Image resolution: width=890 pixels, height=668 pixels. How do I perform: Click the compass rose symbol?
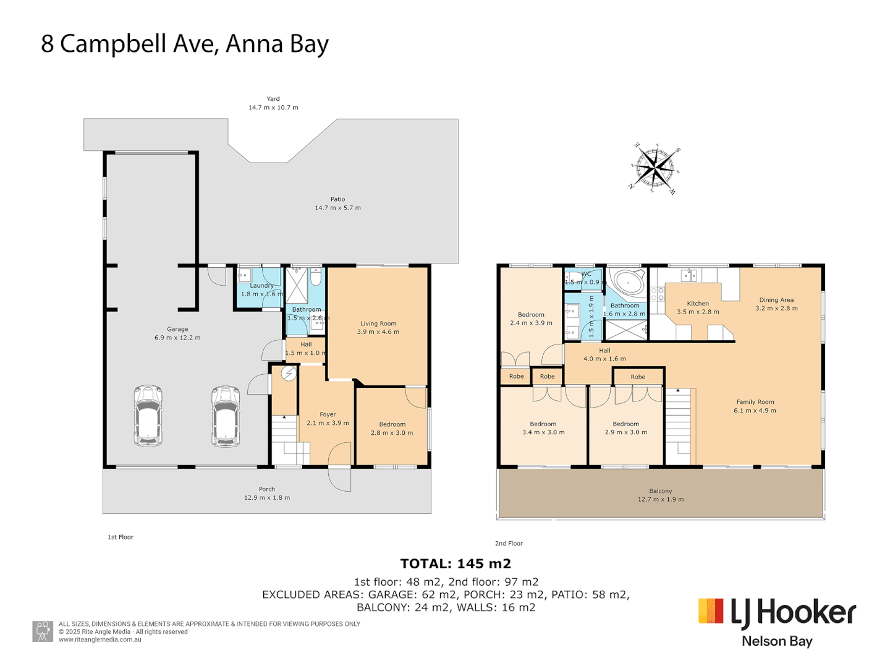pos(655,168)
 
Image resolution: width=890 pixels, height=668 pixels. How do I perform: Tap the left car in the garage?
pos(148,416)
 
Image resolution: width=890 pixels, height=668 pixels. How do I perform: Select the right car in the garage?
pos(226,416)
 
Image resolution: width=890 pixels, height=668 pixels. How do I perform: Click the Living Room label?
pos(378,323)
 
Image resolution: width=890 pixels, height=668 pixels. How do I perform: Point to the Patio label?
pos(337,199)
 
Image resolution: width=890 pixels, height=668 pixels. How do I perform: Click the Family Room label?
pos(755,402)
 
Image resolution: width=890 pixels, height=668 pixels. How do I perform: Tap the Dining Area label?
pos(776,300)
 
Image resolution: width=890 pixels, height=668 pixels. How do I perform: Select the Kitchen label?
pos(698,304)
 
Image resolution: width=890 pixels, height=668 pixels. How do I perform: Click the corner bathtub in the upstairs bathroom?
pos(627,282)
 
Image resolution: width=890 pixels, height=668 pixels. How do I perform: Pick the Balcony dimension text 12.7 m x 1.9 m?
pos(661,499)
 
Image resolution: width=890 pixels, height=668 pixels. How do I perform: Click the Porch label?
pos(267,489)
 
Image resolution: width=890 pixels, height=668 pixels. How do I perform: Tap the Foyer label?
pos(328,414)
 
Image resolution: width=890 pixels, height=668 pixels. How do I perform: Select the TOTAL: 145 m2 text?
pos(456,563)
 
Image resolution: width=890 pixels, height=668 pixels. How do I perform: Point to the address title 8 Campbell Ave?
pos(185,44)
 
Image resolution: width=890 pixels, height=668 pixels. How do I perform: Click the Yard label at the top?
pos(273,99)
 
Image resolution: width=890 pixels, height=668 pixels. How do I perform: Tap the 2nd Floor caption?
pos(509,544)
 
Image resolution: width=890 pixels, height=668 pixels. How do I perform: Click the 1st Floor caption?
pos(121,537)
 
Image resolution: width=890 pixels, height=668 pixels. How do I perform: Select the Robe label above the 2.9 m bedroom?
pos(638,377)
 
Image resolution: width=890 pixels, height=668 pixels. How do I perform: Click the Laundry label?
pos(261,286)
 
